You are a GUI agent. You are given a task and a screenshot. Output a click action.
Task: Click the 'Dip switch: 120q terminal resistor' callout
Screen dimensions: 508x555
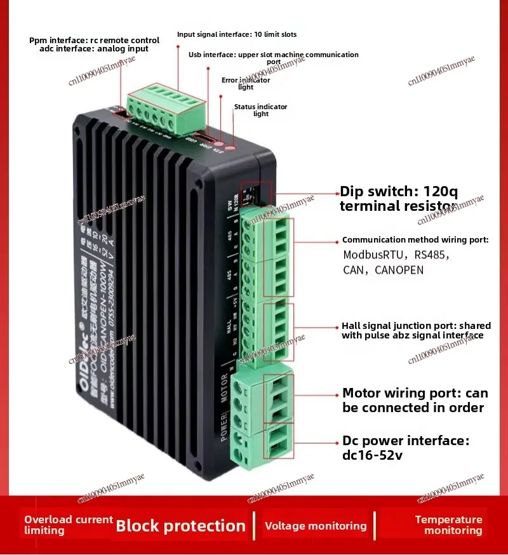398,198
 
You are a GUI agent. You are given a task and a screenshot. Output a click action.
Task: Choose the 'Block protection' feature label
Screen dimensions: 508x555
180,526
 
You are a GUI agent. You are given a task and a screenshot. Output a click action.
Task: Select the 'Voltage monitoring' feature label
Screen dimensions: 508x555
316,526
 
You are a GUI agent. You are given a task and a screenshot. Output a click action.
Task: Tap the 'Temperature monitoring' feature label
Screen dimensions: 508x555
449,525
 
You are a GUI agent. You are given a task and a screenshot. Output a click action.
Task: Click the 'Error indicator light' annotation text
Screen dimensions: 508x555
246,84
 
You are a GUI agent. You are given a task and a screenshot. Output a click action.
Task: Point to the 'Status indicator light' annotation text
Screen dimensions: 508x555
261,110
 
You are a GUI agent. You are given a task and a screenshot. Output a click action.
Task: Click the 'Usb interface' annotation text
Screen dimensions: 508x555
274,58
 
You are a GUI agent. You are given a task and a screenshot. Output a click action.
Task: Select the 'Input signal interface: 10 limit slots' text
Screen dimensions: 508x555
237,34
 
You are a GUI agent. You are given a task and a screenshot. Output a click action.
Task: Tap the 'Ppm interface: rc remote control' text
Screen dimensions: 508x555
95,40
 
